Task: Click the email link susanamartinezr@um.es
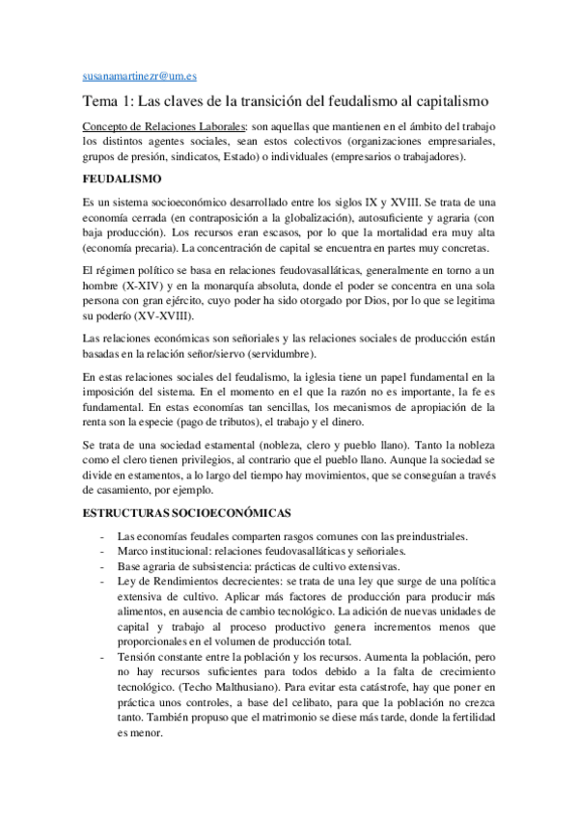[x=140, y=74]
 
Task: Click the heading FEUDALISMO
[x=121, y=179]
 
